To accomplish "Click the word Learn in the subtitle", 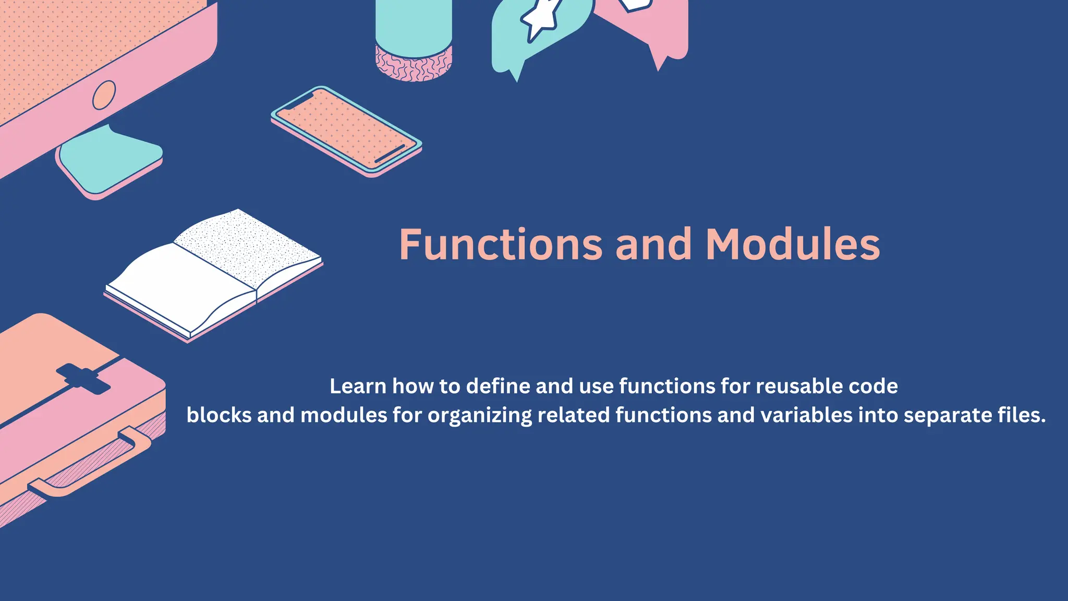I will tap(358, 387).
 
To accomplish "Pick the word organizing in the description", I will tap(479, 416).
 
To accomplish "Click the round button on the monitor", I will tap(104, 95).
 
